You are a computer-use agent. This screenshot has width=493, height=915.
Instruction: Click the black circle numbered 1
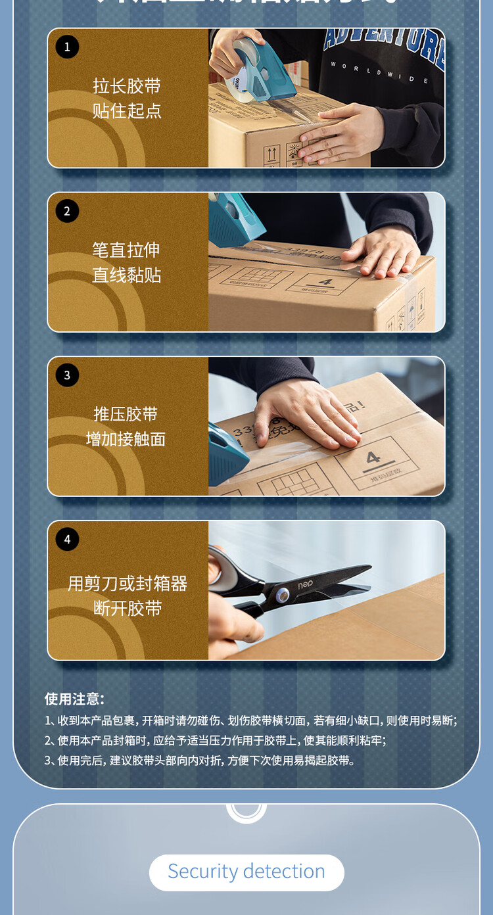[67, 47]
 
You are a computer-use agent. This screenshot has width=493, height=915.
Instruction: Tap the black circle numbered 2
[67, 211]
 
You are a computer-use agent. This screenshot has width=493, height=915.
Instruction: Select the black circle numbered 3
[67, 375]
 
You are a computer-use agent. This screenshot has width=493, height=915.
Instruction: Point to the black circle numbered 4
[67, 540]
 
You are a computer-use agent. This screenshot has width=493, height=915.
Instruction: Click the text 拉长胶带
[127, 86]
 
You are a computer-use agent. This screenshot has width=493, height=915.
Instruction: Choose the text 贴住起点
[127, 110]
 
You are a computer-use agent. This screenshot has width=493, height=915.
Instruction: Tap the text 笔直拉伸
[127, 250]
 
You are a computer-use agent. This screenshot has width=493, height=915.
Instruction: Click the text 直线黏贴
[127, 275]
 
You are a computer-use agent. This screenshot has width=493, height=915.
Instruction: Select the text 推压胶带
[127, 414]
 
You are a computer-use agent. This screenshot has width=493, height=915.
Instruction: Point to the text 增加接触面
[127, 439]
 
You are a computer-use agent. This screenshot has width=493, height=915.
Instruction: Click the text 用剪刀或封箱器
[128, 583]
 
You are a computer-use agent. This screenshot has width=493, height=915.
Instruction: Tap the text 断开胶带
[128, 608]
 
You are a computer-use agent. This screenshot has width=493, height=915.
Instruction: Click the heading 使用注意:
[74, 699]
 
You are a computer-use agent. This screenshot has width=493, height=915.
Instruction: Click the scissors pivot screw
[282, 596]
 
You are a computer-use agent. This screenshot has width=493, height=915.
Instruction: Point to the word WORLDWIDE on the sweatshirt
[380, 72]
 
